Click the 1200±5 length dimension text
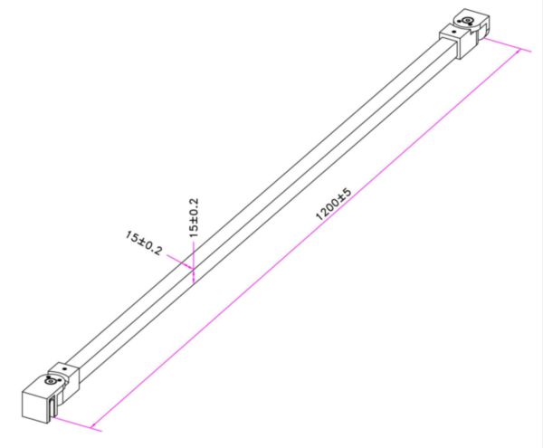pyautogui.click(x=334, y=205)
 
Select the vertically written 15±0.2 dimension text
pyautogui.click(x=194, y=217)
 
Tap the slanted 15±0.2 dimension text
pyautogui.click(x=143, y=243)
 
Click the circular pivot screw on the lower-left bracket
pyautogui.click(x=51, y=381)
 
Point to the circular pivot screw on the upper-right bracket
pyautogui.click(x=468, y=21)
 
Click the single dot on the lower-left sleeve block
pyautogui.click(x=64, y=369)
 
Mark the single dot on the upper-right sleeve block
pyautogui.click(x=454, y=32)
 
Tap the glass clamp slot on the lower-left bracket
pyautogui.click(x=52, y=408)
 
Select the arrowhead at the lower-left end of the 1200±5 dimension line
pyautogui.click(x=93, y=426)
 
